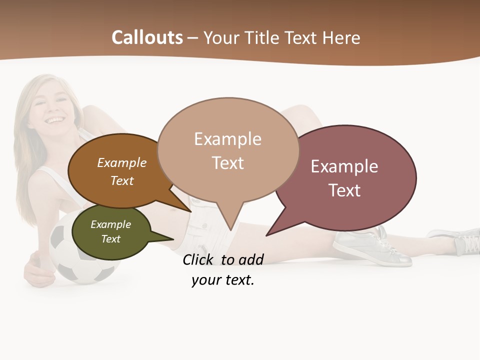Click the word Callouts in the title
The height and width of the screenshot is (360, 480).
pos(147,37)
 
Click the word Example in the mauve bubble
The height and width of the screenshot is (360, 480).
pos(344,166)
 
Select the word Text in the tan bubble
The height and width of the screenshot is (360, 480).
pos(227,163)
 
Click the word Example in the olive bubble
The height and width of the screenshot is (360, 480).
pos(110,224)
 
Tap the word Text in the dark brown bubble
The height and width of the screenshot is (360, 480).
pos(122,180)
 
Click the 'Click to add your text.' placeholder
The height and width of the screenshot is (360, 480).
pos(223,270)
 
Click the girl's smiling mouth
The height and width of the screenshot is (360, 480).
pos(55,120)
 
